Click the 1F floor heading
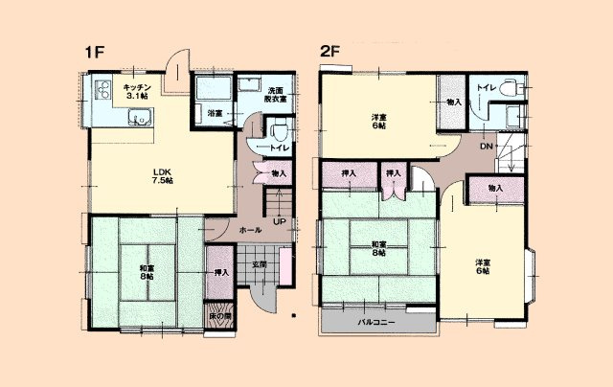point(93,54)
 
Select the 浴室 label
point(216,114)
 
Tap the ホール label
point(250,230)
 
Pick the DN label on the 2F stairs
point(486,147)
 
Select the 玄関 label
point(259,264)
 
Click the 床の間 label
point(219,315)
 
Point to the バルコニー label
point(377,323)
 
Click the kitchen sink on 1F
point(141,120)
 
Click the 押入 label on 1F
point(220,272)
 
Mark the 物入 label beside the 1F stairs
point(279,173)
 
